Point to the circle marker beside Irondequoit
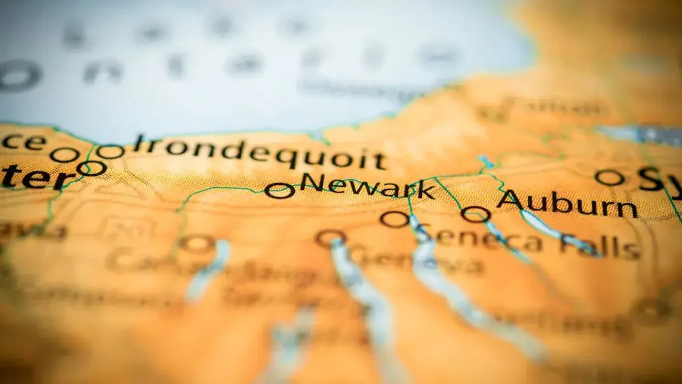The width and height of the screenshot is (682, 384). pyautogui.click(x=110, y=152)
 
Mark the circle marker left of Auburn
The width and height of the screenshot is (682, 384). pyautogui.click(x=476, y=214)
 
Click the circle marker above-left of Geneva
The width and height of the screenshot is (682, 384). pyautogui.click(x=331, y=237)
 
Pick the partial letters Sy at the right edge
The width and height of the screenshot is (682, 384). pyautogui.click(x=659, y=179)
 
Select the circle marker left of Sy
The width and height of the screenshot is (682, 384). pyautogui.click(x=610, y=178)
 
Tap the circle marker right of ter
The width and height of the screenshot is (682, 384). pyautogui.click(x=92, y=168)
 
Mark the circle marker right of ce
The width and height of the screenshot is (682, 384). pyautogui.click(x=64, y=154)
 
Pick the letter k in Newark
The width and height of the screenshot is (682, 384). pyautogui.click(x=426, y=189)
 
